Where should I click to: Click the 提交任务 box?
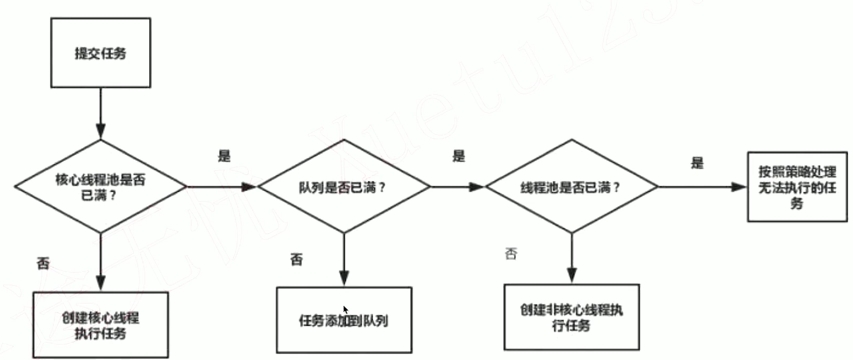coord(100,53)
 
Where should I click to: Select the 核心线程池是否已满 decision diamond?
coord(100,187)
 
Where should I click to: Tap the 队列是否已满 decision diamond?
coord(343,187)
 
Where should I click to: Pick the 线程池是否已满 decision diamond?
coord(571,187)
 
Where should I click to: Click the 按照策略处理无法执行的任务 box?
coord(797,187)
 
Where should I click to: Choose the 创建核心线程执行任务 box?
coord(100,325)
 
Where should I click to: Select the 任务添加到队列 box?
coord(344,319)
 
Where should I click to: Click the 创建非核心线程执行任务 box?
coord(571,317)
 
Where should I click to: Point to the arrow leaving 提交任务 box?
coord(101,113)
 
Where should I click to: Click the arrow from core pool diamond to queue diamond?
coord(221,187)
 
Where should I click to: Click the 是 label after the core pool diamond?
coord(225,156)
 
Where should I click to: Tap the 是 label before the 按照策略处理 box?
coord(697,163)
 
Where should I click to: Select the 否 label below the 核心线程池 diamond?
coord(43,262)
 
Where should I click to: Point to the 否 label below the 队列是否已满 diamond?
coord(296,259)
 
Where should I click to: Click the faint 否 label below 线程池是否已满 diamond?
coord(511,254)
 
